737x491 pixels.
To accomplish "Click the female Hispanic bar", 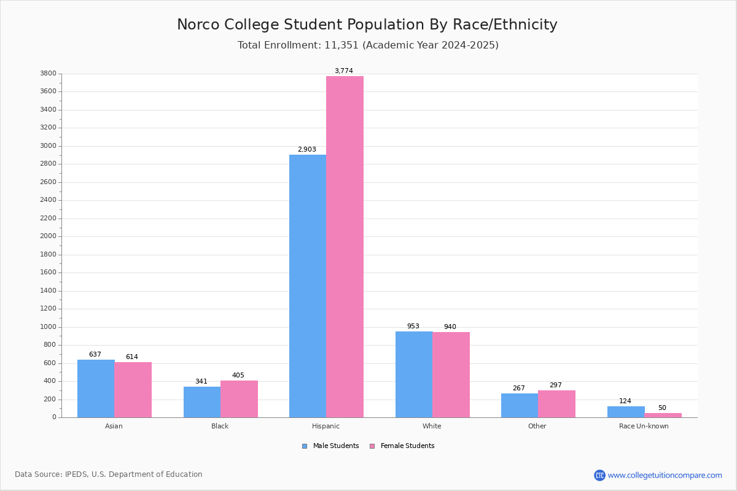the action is pyautogui.click(x=345, y=247).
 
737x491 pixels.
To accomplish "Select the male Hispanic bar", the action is pyautogui.click(x=308, y=286).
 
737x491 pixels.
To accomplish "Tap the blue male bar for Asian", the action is pyautogui.click(x=96, y=389).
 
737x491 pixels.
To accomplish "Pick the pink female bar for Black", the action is pyautogui.click(x=239, y=400).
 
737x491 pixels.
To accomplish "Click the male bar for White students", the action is pyautogui.click(x=414, y=374).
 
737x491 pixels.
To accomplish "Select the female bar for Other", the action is pyautogui.click(x=556, y=404).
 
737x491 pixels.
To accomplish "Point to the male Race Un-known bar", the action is pyautogui.click(x=626, y=412).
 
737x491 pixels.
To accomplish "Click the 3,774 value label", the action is pyautogui.click(x=344, y=71).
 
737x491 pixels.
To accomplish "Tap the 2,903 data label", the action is pyautogui.click(x=307, y=149).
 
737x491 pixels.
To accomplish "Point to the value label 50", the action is pyautogui.click(x=662, y=408).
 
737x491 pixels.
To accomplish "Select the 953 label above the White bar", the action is pyautogui.click(x=413, y=326).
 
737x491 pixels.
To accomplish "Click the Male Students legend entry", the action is pyautogui.click(x=330, y=446).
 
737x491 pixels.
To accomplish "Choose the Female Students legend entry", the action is pyautogui.click(x=402, y=446).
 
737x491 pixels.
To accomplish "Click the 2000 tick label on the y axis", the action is pyautogui.click(x=48, y=236).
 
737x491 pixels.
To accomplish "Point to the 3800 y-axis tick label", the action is pyautogui.click(x=48, y=73).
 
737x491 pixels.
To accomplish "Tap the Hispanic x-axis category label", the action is pyautogui.click(x=326, y=426).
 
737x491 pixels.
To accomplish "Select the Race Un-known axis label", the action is pyautogui.click(x=644, y=426).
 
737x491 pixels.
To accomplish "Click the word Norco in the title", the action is pyautogui.click(x=198, y=25).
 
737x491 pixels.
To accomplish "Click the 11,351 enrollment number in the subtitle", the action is pyautogui.click(x=341, y=45).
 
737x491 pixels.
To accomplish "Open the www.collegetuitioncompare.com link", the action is pyautogui.click(x=665, y=475).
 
